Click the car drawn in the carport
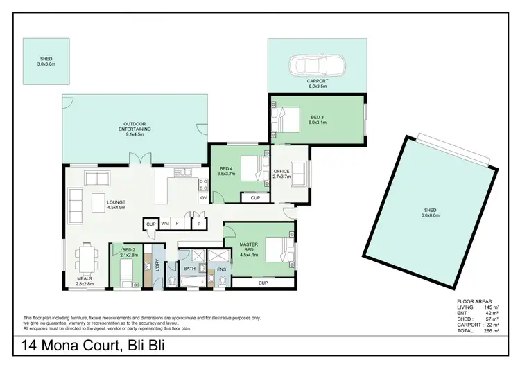[x=317, y=66]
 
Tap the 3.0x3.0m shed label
[x=46, y=64]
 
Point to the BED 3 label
[x=318, y=118]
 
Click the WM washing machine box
[x=165, y=224]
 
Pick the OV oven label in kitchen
[x=203, y=198]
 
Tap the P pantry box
[x=198, y=224]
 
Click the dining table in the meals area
[x=87, y=258]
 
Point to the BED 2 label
[x=128, y=250]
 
